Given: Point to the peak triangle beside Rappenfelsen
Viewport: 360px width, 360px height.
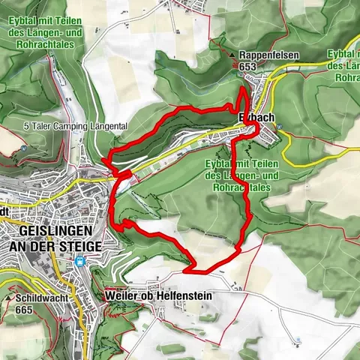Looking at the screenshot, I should point(233,55).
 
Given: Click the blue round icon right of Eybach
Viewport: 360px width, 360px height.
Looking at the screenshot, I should point(279,127).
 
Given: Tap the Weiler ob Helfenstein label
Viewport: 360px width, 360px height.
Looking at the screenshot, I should point(159,297).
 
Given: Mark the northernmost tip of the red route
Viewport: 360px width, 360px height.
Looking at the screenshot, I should point(243,89).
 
